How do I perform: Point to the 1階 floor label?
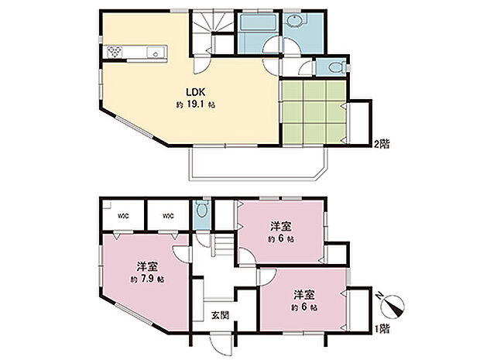click(382, 329)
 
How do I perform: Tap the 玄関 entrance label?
click(219, 315)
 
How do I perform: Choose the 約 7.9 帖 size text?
click(146, 278)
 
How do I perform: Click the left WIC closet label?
click(123, 216)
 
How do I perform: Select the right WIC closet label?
click(168, 216)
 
